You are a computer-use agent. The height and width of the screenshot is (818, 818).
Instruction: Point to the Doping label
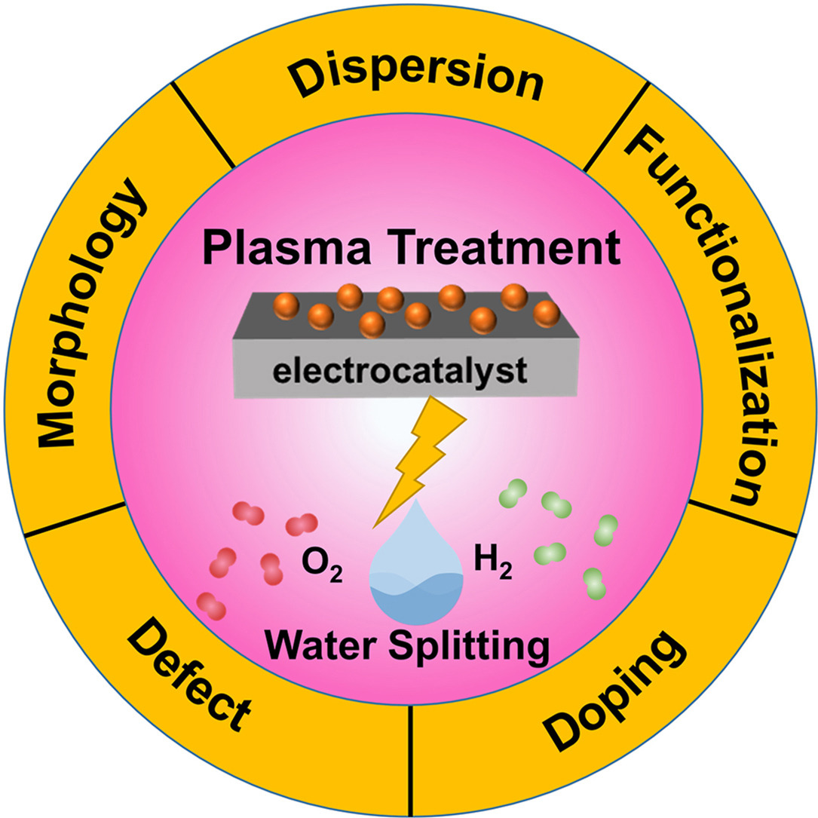click(x=615, y=691)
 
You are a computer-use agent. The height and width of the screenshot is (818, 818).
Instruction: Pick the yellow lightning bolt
click(x=427, y=467)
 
